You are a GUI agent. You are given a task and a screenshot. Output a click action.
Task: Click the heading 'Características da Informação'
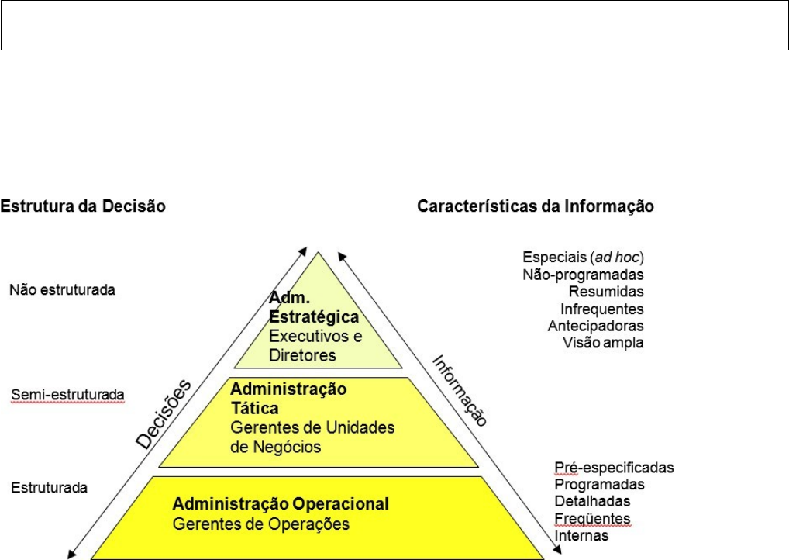click(x=536, y=207)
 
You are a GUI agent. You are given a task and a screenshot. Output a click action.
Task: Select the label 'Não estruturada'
click(x=62, y=290)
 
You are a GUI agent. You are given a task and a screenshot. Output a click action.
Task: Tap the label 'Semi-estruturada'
click(x=67, y=396)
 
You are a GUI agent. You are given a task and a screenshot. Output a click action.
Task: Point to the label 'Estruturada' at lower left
click(x=49, y=489)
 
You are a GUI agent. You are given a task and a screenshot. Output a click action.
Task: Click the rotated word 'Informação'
click(x=460, y=390)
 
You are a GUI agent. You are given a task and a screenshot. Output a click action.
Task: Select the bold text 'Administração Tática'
click(x=288, y=397)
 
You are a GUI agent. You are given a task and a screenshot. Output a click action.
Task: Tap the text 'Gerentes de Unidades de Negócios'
click(x=312, y=437)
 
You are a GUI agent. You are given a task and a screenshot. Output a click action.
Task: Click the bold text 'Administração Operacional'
click(x=281, y=504)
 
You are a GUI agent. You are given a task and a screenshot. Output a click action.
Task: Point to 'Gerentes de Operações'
click(x=261, y=524)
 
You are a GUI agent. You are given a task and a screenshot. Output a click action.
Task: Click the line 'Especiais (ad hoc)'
click(x=584, y=258)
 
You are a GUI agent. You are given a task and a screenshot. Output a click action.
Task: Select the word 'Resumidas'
click(x=606, y=292)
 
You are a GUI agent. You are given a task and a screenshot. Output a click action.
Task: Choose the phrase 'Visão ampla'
click(x=603, y=343)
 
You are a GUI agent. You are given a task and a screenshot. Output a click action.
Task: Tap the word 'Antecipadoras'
click(x=595, y=326)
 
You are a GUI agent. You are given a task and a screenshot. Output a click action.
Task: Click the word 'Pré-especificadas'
click(x=614, y=468)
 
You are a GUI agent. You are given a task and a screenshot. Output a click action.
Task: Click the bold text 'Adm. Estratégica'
click(x=314, y=307)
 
